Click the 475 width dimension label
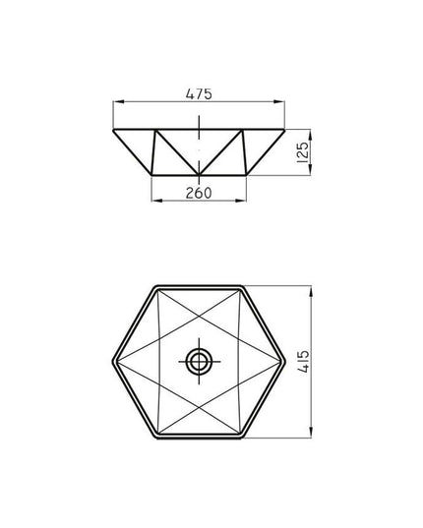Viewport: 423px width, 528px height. [x=199, y=94]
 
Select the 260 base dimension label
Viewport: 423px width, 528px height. [x=199, y=193]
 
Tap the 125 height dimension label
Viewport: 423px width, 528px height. [x=303, y=152]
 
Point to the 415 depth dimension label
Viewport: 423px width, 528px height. [x=303, y=362]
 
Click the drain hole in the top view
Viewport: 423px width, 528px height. [x=199, y=362]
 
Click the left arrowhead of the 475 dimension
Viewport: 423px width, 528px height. [x=118, y=101]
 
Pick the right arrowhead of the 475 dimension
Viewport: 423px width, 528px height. [x=279, y=101]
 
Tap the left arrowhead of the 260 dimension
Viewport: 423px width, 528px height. [x=157, y=201]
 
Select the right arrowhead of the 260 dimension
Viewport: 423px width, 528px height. [x=241, y=201]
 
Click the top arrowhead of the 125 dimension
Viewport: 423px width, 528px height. [x=311, y=135]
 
